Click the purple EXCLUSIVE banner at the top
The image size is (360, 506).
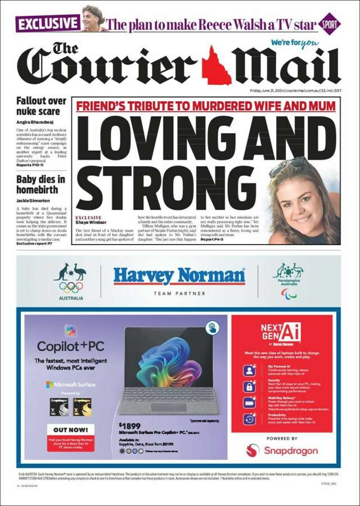tap(48, 23)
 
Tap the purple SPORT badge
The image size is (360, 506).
tap(329, 24)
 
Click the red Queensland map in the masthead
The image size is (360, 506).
tap(216, 65)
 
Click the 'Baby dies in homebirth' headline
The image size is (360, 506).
tap(40, 186)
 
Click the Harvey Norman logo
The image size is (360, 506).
tap(179, 275)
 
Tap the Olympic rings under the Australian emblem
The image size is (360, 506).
tap(71, 287)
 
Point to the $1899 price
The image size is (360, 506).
tap(130, 426)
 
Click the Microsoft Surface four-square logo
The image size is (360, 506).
tap(50, 385)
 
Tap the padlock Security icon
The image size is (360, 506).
tap(250, 387)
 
